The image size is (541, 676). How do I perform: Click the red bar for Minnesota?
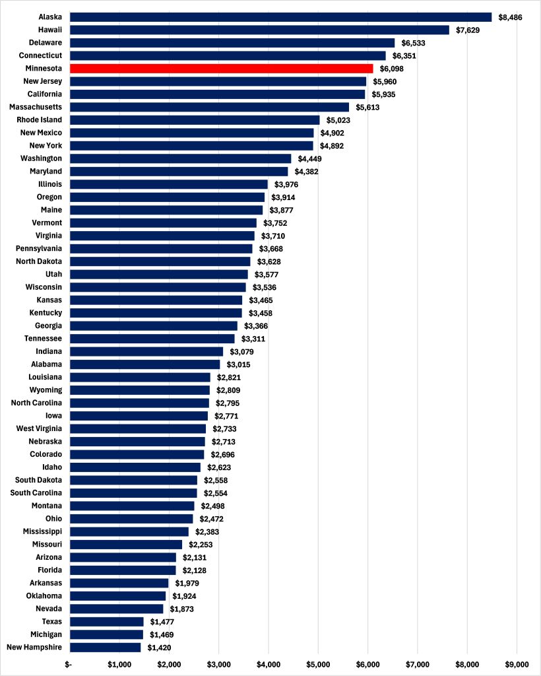[221, 69]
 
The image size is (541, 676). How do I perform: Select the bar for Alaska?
[280, 17]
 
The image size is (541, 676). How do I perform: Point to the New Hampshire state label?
[34, 648]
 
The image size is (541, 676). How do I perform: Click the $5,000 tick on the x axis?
[318, 663]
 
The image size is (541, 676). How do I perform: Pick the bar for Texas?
[106, 622]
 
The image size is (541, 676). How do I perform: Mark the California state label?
[45, 94]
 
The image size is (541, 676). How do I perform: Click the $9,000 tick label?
[517, 663]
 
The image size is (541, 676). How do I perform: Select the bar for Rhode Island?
[195, 120]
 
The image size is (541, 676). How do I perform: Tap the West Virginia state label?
[39, 429]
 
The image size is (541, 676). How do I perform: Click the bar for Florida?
[123, 570]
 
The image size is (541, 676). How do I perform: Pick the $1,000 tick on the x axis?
[119, 663]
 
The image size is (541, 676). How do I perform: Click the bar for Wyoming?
[140, 390]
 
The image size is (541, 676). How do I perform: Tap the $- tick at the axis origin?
[69, 663]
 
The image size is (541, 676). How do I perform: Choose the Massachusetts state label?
[36, 107]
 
